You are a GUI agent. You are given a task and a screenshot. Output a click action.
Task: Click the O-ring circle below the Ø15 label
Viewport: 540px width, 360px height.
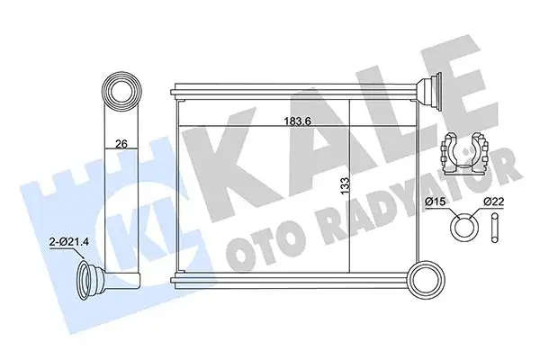[462, 225]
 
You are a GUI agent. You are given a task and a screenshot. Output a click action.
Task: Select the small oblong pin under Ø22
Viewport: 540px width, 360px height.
[495, 225]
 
